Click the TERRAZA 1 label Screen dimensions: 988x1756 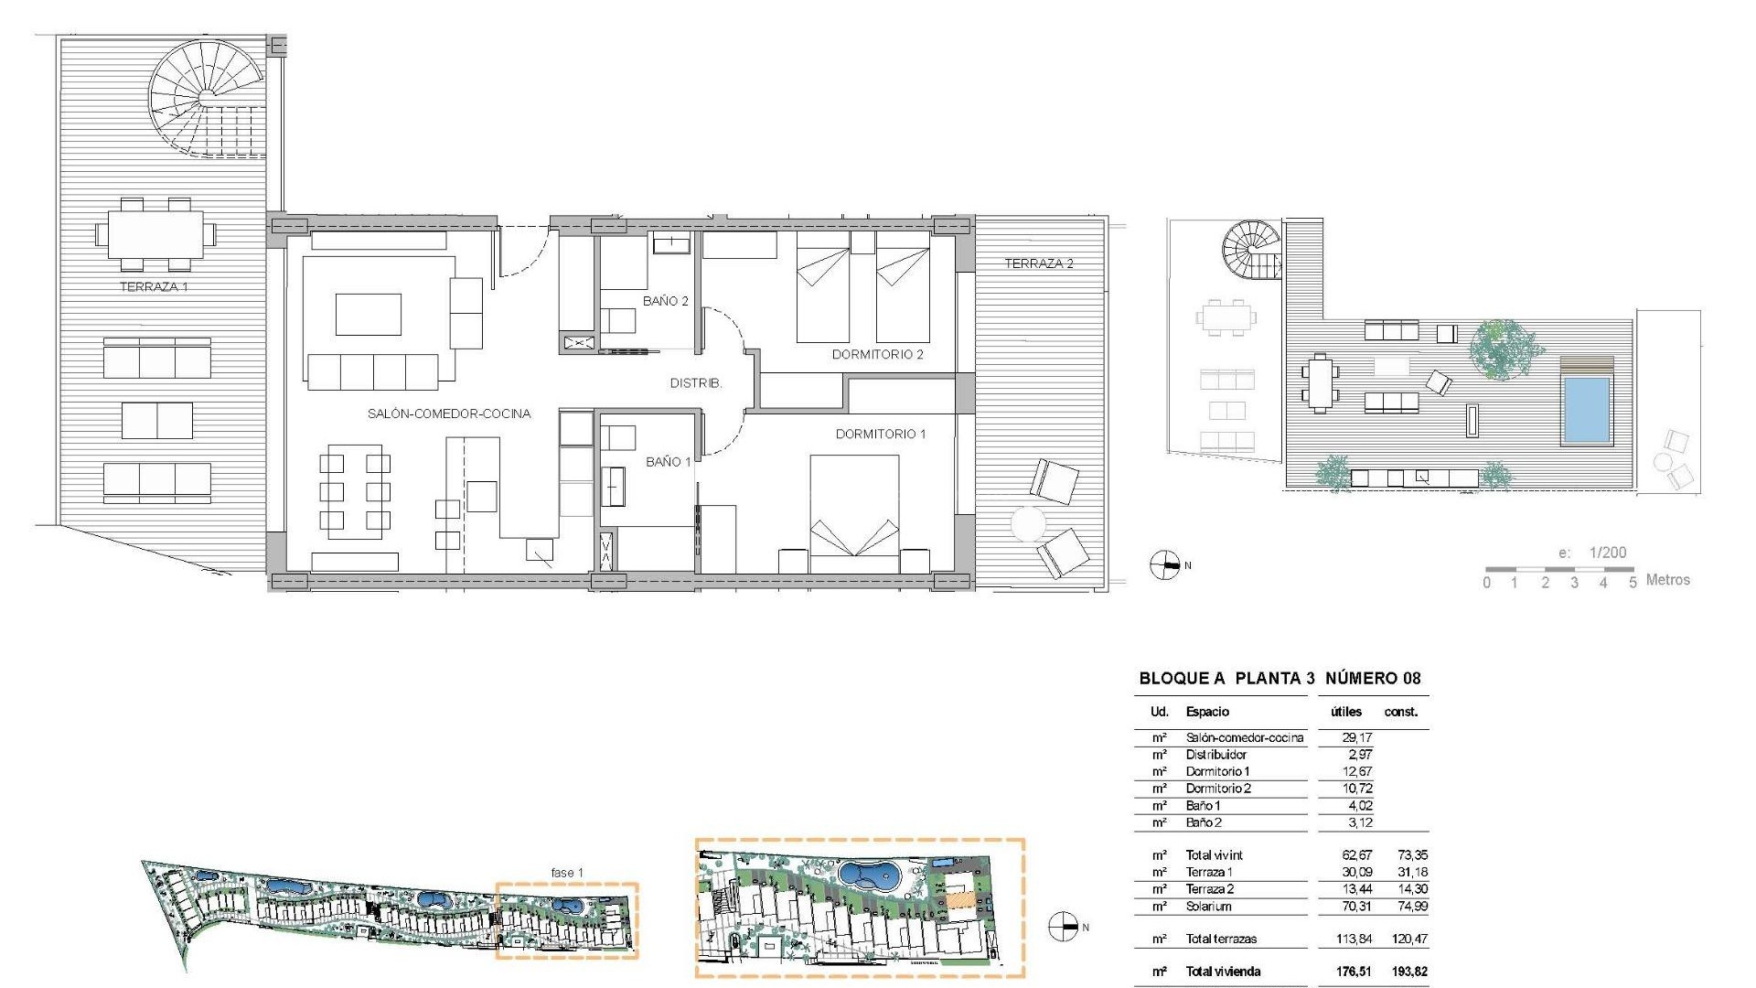pos(154,286)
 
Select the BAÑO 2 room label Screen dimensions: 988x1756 pos(665,301)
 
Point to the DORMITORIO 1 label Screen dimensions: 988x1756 pos(880,434)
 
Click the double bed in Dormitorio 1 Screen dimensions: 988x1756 pos(854,505)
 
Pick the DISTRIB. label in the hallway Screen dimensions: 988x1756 pos(695,383)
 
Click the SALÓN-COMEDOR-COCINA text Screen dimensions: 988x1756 pos(448,413)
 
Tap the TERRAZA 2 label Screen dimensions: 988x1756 pos(1038,263)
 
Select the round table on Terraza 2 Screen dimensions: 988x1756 pos(1028,525)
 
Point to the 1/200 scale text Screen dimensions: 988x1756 pos(1607,553)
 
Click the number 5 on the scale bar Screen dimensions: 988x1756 pos(1633,583)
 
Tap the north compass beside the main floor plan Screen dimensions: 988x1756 pos(1164,565)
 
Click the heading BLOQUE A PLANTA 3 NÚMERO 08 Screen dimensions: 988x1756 pos(1280,678)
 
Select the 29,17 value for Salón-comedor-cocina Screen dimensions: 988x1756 pos(1357,737)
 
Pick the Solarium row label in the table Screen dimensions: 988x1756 pos(1208,907)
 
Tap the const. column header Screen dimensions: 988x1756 pos(1401,712)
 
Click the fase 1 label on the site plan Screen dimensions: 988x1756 pos(566,873)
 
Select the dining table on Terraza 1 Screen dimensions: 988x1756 pos(155,234)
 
